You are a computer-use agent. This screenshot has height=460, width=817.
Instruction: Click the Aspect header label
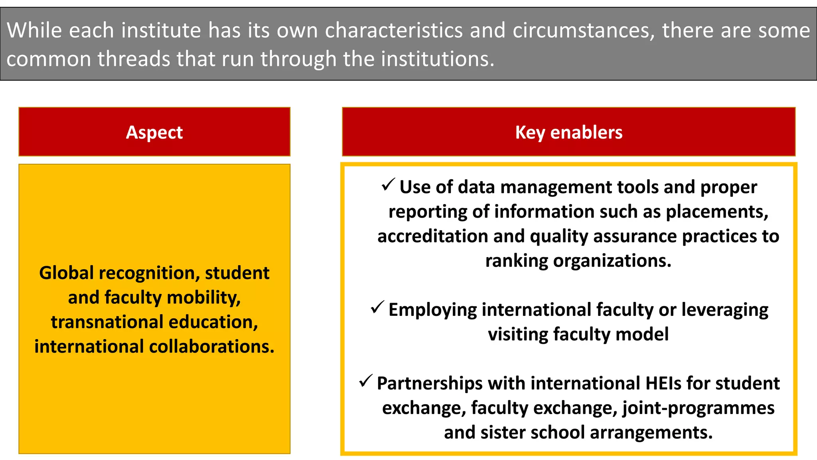pos(154,133)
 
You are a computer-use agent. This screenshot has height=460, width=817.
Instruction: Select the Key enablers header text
pos(568,133)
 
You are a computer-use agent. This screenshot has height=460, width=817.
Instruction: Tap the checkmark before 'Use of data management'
pos(388,185)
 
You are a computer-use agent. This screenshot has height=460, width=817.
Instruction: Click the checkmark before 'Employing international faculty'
pos(377,307)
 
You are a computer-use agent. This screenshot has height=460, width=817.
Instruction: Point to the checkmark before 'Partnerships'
pos(365,381)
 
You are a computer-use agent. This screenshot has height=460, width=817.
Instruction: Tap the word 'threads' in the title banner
pos(134,59)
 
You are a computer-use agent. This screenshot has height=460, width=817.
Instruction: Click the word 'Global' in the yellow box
pos(67,273)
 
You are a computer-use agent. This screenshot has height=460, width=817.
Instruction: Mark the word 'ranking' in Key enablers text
pos(517,261)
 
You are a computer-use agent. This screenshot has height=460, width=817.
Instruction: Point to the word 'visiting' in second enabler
pos(518,335)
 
